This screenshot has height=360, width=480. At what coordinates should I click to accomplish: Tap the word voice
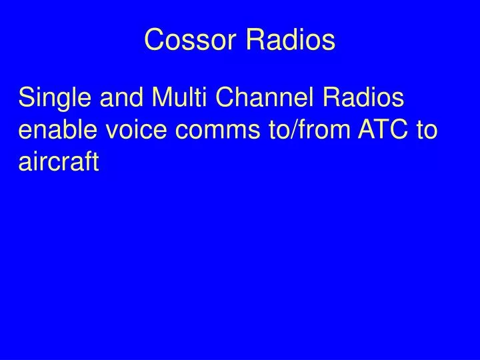pos(139,130)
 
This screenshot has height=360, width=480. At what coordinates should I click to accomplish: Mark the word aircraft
pos(59,161)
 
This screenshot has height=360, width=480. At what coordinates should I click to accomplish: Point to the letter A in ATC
pos(369,130)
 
